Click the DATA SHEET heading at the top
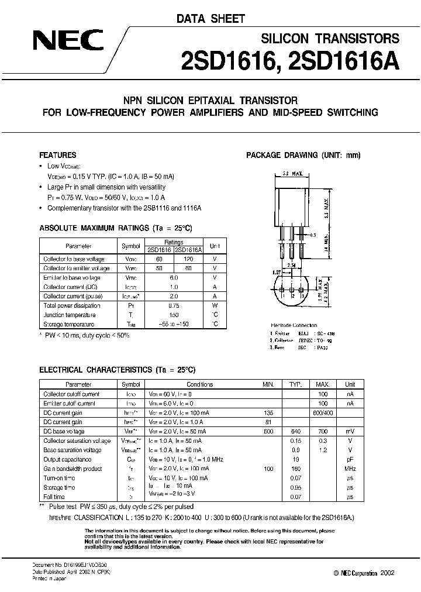click(x=211, y=19)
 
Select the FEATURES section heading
click(x=57, y=156)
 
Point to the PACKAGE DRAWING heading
click(x=303, y=156)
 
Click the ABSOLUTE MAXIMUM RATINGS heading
click(x=115, y=227)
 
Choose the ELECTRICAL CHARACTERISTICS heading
click(x=116, y=370)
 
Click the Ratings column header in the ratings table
click(x=174, y=242)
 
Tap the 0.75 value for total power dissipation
click(x=174, y=305)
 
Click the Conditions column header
click(x=200, y=385)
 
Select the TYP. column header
click(x=295, y=385)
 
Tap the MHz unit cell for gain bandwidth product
click(x=350, y=469)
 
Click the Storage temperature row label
click(x=69, y=324)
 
